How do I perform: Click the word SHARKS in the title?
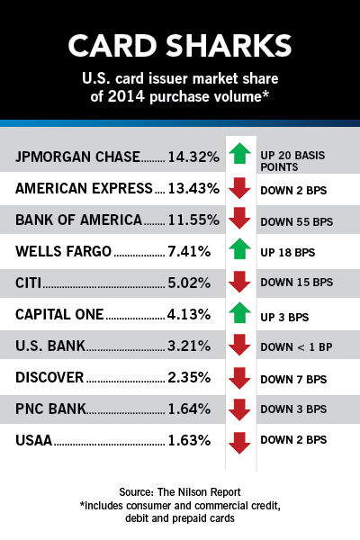pyautogui.click(x=229, y=46)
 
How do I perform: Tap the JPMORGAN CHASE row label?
pyautogui.click(x=77, y=157)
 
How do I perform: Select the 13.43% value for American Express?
pyautogui.click(x=193, y=188)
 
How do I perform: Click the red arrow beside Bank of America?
pyautogui.click(x=239, y=218)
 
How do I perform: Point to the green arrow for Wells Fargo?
pyautogui.click(x=239, y=248)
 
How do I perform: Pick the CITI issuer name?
pyautogui.click(x=28, y=283)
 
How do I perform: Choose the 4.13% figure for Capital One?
pyautogui.click(x=189, y=314)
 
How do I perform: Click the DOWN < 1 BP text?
pyautogui.click(x=296, y=346)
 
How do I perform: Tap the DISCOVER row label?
pyautogui.click(x=49, y=377)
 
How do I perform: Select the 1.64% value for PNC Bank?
pyautogui.click(x=189, y=409)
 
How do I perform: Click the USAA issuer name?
pyautogui.click(x=34, y=440)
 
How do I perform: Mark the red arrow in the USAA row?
pyautogui.click(x=239, y=443)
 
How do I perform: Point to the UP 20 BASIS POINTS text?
pyautogui.click(x=292, y=161)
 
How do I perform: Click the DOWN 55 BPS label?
pyautogui.click(x=297, y=221)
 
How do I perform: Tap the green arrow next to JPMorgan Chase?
pyautogui.click(x=239, y=154)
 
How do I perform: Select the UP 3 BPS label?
pyautogui.click(x=284, y=317)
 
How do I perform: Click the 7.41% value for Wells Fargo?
pyautogui.click(x=189, y=251)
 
